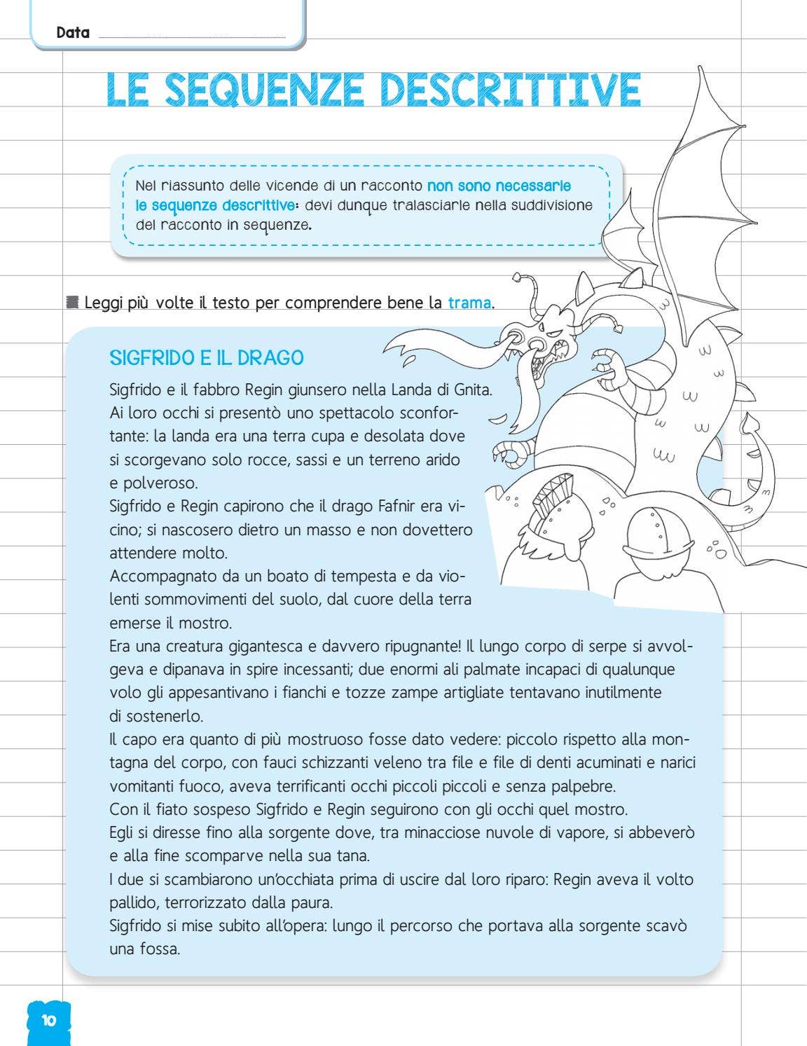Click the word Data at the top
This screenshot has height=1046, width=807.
(x=73, y=32)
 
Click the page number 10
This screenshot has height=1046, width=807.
(x=48, y=1020)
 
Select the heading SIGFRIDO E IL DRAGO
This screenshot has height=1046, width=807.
(x=207, y=358)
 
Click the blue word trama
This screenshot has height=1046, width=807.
(x=469, y=303)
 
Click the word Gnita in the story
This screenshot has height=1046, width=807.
(x=473, y=390)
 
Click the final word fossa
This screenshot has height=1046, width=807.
(x=158, y=949)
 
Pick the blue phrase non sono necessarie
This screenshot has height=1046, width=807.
(x=499, y=186)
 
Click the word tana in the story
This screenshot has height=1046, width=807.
(x=353, y=856)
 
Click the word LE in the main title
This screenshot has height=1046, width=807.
(x=127, y=90)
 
